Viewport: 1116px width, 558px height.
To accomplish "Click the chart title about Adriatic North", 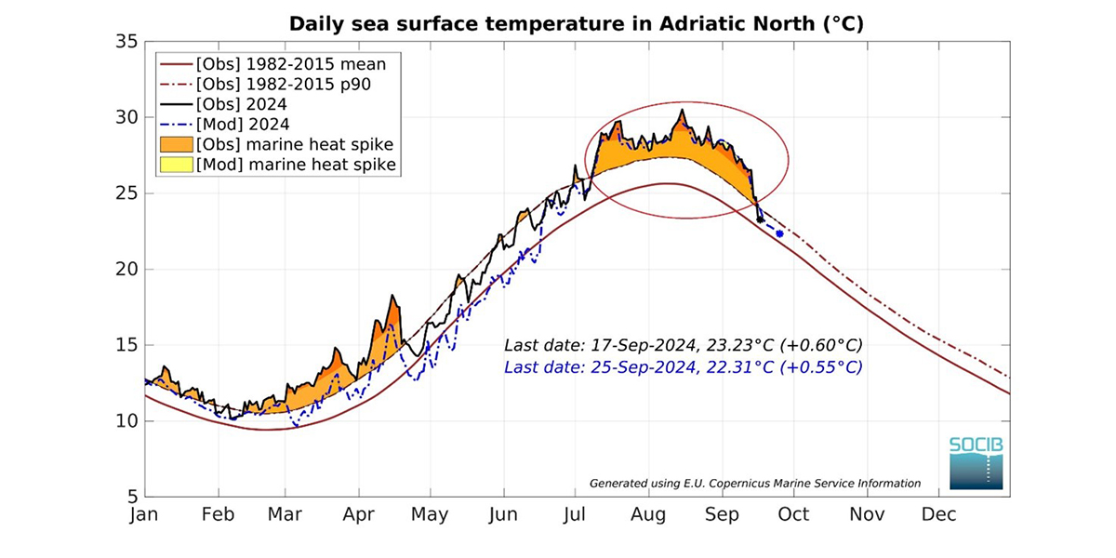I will pyautogui.click(x=577, y=23).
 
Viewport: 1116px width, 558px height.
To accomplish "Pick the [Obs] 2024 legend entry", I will pyautogui.click(x=242, y=104).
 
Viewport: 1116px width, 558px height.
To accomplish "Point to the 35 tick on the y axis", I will pyautogui.click(x=127, y=42).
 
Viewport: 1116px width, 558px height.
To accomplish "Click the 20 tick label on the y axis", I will pyautogui.click(x=127, y=270).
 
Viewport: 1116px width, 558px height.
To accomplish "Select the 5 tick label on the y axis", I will pyautogui.click(x=132, y=496).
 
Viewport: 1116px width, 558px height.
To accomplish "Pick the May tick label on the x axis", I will pyautogui.click(x=430, y=514).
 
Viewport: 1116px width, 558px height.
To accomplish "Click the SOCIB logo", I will pyautogui.click(x=976, y=462).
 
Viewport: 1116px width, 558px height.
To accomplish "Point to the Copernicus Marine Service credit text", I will pyautogui.click(x=755, y=483).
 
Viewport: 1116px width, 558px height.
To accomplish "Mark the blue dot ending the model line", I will pyautogui.click(x=779, y=233).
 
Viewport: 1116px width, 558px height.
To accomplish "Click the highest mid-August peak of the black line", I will pyautogui.click(x=682, y=111).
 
